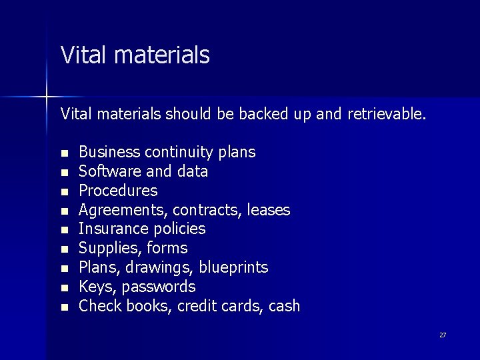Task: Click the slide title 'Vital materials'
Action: [x=135, y=55]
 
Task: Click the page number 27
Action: [x=443, y=335]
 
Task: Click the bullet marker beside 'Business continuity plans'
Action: [x=64, y=153]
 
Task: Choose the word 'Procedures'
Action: [x=118, y=191]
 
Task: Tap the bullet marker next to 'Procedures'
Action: [x=64, y=191]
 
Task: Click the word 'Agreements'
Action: [x=123, y=210]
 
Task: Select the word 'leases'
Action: [x=268, y=210]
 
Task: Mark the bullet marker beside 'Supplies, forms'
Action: [x=64, y=249]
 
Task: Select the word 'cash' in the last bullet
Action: [x=285, y=307]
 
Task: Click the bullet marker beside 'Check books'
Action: [x=64, y=307]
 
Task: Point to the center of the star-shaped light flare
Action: [x=47, y=97]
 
